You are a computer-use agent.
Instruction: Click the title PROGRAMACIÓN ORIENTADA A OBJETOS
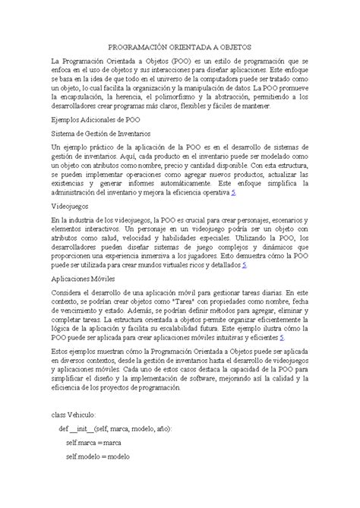pos(180,46)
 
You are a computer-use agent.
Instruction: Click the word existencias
pos(71,182)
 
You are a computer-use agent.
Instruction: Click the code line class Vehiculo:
pos(74,415)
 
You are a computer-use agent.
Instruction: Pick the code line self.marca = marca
pos(93,443)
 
